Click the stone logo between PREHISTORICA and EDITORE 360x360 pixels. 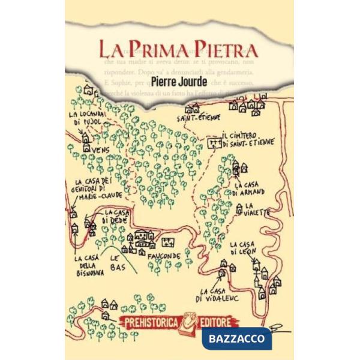(x=191, y=321)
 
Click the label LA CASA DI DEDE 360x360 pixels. (x=114, y=217)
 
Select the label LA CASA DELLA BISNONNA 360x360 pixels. (x=89, y=265)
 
